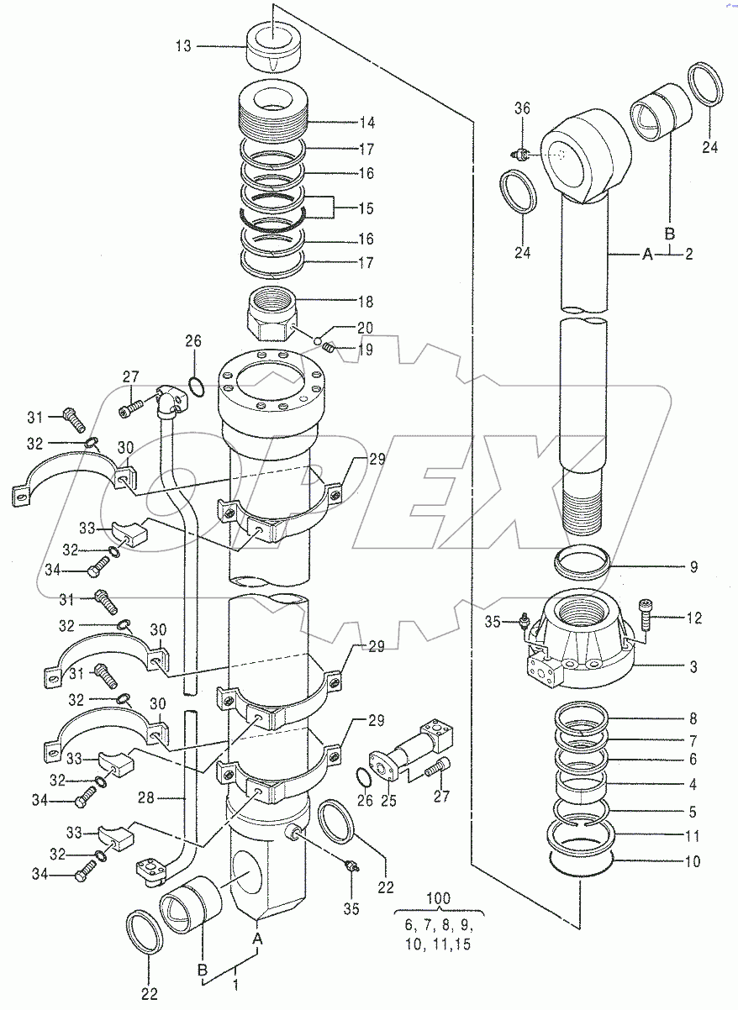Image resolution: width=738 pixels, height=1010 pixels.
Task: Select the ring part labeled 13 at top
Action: point(276,49)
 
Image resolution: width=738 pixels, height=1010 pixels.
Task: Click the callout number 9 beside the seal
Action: point(693,567)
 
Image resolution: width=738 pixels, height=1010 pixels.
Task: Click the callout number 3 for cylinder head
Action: point(693,668)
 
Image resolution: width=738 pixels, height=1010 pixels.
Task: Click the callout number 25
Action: point(389,802)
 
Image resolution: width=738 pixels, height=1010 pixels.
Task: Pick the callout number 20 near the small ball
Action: point(342,327)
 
